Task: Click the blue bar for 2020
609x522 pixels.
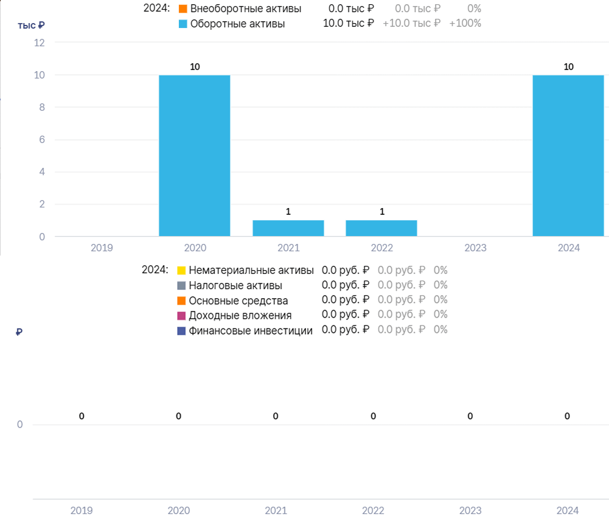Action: click(x=195, y=155)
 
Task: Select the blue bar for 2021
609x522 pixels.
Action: click(x=288, y=228)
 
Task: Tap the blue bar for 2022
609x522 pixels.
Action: click(x=381, y=228)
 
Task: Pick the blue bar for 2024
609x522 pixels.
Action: click(x=568, y=155)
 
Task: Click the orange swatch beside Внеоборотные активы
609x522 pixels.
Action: click(x=183, y=9)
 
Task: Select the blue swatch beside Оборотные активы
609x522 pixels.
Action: click(x=183, y=24)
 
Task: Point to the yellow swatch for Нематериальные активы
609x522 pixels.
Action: click(x=181, y=270)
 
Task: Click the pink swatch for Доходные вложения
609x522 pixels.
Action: click(x=181, y=315)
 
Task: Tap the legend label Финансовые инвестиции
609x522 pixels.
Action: click(x=251, y=330)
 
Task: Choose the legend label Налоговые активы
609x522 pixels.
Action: click(x=235, y=285)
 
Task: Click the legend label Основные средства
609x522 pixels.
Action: click(x=238, y=301)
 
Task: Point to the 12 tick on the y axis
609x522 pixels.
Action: click(x=39, y=43)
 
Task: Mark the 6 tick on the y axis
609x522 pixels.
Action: click(x=42, y=139)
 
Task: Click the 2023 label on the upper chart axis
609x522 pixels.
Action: click(x=475, y=248)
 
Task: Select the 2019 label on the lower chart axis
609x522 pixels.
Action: click(x=82, y=510)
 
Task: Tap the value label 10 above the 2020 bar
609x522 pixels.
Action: click(x=195, y=67)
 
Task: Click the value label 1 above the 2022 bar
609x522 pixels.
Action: click(x=382, y=212)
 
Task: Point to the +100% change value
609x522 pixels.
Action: click(x=465, y=23)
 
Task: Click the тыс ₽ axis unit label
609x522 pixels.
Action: click(x=31, y=26)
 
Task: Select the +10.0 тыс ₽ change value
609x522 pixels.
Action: click(x=411, y=23)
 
